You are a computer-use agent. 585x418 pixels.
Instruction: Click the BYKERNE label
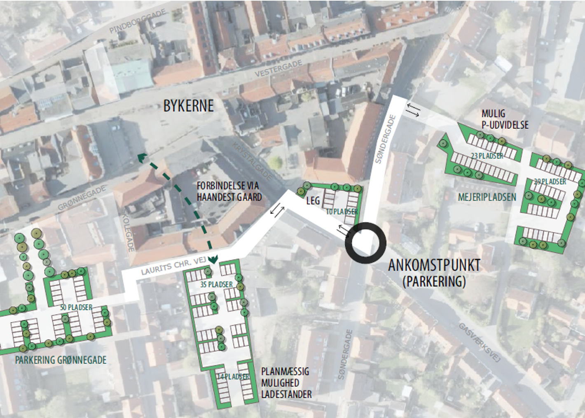188,106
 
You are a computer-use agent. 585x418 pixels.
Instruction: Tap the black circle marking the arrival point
365,243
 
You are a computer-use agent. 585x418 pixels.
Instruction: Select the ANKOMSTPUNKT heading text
434,265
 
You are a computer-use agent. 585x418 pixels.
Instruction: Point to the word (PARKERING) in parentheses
434,281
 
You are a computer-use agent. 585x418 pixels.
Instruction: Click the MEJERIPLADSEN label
487,197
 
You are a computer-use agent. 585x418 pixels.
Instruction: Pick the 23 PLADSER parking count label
487,156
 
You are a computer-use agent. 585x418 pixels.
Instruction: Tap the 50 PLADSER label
76,307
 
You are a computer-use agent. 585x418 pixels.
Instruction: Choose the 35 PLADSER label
217,284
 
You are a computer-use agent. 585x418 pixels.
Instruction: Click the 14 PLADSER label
233,376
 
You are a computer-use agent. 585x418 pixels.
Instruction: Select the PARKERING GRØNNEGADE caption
61,360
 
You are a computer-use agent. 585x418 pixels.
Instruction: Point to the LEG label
313,201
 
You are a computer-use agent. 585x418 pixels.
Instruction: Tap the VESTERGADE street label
278,68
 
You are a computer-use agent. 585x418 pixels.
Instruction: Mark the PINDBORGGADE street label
138,21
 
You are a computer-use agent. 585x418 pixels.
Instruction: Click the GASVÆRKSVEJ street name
479,343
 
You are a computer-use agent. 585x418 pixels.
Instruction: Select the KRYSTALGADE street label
252,161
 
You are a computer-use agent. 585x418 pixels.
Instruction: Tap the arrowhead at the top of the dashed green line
142,157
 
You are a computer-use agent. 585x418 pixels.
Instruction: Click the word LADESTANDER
286,394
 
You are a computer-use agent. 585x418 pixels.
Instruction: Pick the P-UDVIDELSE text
505,125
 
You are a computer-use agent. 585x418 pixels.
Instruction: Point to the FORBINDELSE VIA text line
227,186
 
